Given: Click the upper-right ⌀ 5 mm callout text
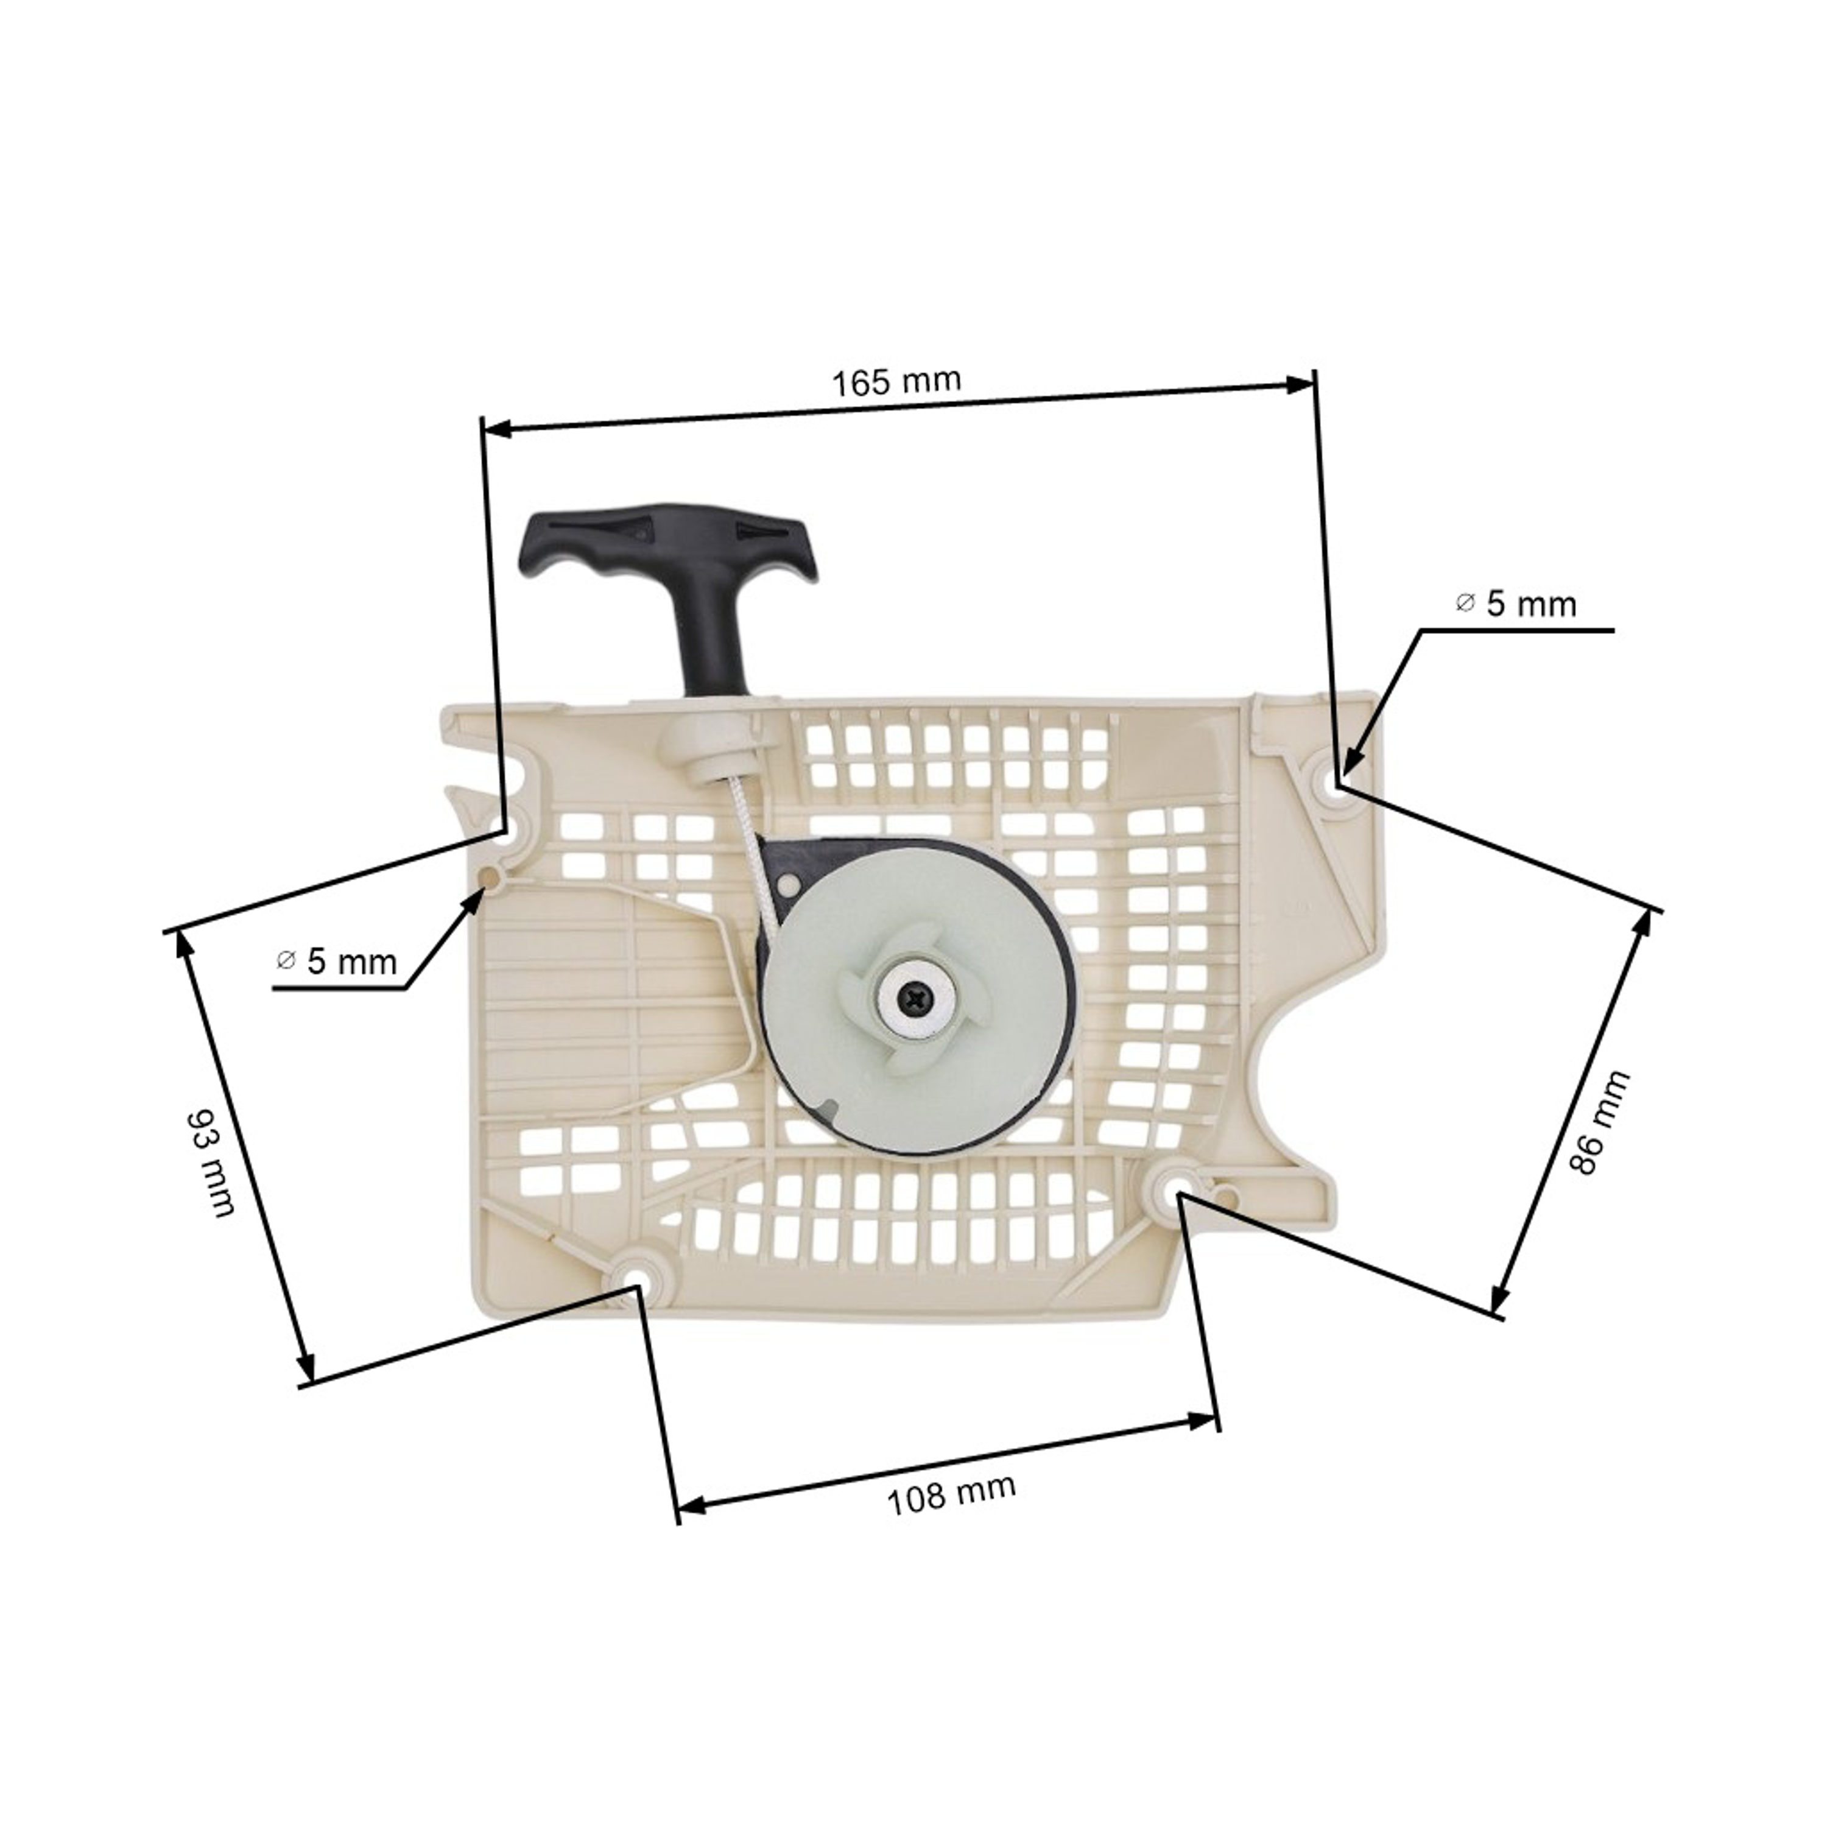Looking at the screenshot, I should point(1516,604).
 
